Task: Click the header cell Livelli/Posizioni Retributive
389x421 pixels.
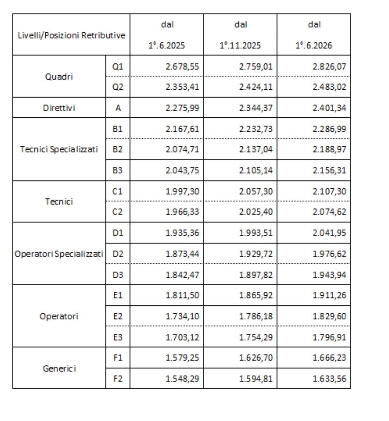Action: pyautogui.click(x=71, y=35)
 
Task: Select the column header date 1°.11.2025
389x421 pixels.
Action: pyautogui.click(x=240, y=46)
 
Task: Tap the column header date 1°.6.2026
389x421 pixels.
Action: pyautogui.click(x=314, y=46)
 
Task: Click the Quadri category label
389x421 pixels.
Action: pyautogui.click(x=59, y=77)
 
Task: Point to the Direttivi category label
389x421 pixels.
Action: pyautogui.click(x=59, y=108)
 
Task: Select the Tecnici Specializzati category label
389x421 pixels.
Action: pyautogui.click(x=59, y=149)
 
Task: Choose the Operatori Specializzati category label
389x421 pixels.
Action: pyautogui.click(x=59, y=254)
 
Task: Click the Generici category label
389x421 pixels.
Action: pyautogui.click(x=59, y=368)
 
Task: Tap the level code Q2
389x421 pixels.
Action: pyautogui.click(x=118, y=87)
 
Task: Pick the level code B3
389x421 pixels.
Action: pyautogui.click(x=118, y=170)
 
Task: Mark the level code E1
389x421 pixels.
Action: pyautogui.click(x=118, y=295)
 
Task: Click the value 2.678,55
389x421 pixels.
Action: pyautogui.click(x=182, y=67)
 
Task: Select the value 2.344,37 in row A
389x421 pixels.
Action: pyautogui.click(x=256, y=108)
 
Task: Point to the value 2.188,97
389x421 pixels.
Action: pyautogui.click(x=329, y=149)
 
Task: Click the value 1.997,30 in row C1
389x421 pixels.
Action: pyautogui.click(x=182, y=191)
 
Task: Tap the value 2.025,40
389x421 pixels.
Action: pyautogui.click(x=256, y=212)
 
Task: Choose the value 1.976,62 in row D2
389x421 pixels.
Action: pyautogui.click(x=329, y=254)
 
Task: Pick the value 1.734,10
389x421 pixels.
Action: pyautogui.click(x=182, y=316)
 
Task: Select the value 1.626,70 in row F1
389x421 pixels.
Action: pyautogui.click(x=256, y=358)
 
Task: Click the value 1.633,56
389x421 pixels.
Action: pyautogui.click(x=329, y=379)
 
